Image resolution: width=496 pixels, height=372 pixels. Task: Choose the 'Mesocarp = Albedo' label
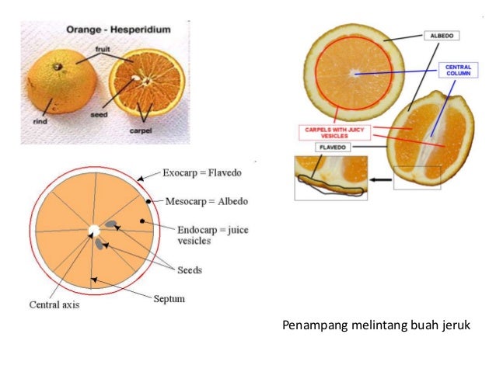pyautogui.click(x=207, y=201)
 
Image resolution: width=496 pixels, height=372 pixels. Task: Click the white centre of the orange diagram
pyautogui.click(x=93, y=231)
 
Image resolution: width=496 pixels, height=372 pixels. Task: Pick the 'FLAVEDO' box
pyautogui.click(x=334, y=147)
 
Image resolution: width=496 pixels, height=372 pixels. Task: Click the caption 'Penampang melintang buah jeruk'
pyautogui.click(x=376, y=325)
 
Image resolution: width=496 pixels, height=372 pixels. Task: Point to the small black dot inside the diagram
pyautogui.click(x=142, y=221)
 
